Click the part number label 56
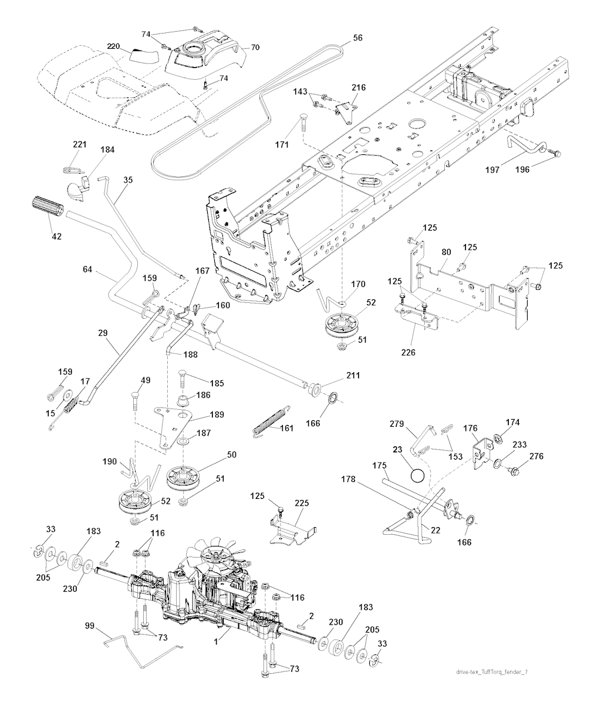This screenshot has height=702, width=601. click(x=357, y=38)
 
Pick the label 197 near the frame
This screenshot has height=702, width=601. click(x=492, y=170)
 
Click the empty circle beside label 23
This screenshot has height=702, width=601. click(x=417, y=474)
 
